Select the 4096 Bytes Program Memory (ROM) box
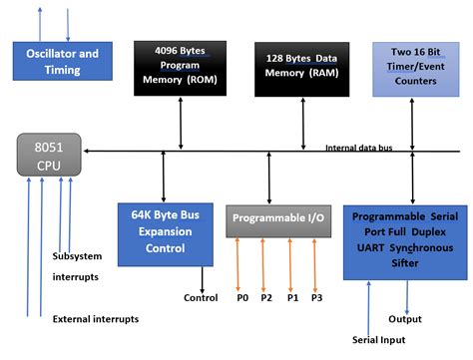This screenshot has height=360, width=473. (x=180, y=69)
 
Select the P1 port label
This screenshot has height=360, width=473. (x=290, y=298)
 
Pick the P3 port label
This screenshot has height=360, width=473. (x=316, y=298)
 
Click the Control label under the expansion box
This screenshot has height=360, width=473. (x=201, y=298)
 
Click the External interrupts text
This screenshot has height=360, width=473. (x=96, y=319)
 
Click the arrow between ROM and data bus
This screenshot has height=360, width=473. (x=180, y=126)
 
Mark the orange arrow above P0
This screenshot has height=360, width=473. (x=239, y=261)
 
